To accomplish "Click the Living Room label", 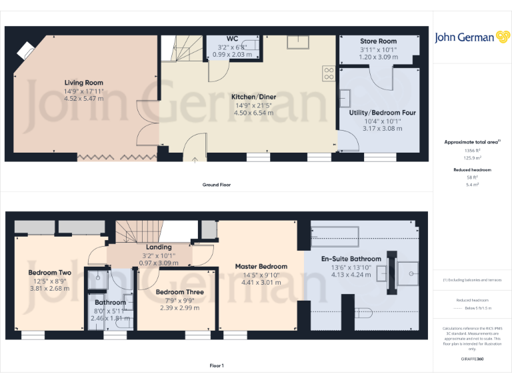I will point(83,83).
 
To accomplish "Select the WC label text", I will point(232,39).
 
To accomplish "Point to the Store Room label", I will point(378,41).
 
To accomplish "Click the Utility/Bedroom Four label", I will point(382,113).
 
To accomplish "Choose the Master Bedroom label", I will point(261,267).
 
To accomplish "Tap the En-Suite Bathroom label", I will point(351,259).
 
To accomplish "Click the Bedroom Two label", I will point(49,273).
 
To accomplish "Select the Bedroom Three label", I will point(179,292).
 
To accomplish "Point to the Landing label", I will point(158,247).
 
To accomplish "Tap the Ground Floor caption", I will point(217,185).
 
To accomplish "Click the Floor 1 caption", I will point(217,365).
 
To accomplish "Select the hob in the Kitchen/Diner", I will point(329,73).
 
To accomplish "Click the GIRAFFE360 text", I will point(473,359).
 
